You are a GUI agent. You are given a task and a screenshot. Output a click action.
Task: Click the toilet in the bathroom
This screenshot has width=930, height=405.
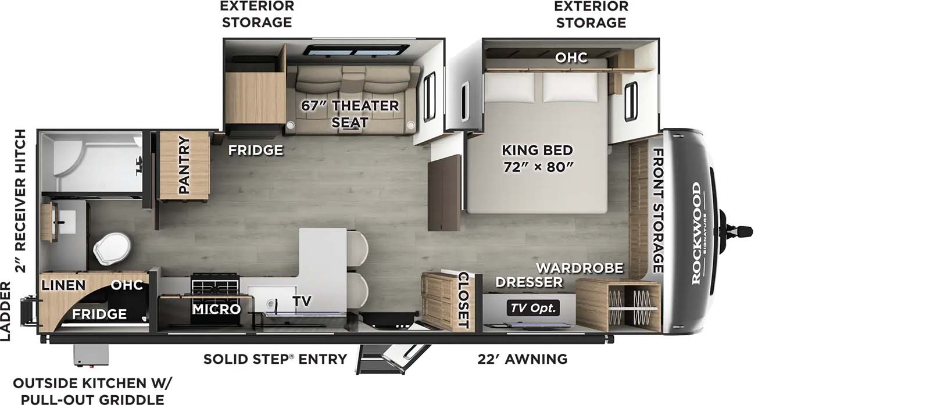(113, 249)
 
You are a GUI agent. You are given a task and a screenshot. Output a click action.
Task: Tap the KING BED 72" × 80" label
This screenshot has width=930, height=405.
(538, 158)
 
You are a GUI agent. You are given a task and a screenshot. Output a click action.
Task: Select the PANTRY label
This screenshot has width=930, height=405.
(184, 165)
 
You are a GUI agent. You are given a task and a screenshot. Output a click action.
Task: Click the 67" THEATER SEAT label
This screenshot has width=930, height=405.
(349, 114)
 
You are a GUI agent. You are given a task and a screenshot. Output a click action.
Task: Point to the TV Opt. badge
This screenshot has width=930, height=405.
(533, 308)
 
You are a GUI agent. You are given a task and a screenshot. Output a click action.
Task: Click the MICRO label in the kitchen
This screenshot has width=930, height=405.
(216, 309)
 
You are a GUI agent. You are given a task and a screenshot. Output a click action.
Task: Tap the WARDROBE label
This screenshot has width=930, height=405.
(580, 268)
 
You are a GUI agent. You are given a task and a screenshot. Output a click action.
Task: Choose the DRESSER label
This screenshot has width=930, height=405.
(529, 282)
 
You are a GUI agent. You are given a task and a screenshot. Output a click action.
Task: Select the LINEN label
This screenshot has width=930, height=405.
(63, 285)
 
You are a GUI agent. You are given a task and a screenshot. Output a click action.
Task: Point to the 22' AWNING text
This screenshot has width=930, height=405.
(523, 359)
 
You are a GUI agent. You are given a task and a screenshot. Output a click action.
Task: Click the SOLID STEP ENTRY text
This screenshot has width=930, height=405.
(275, 359)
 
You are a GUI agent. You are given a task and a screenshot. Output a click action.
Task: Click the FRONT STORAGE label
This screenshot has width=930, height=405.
(658, 210)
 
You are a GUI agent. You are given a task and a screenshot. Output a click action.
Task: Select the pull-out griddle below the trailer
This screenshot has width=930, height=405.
(91, 355)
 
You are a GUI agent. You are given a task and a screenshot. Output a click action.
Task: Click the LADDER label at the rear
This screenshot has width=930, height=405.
(5, 311)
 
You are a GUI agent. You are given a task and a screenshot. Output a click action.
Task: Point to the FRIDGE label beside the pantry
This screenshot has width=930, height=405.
(256, 150)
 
